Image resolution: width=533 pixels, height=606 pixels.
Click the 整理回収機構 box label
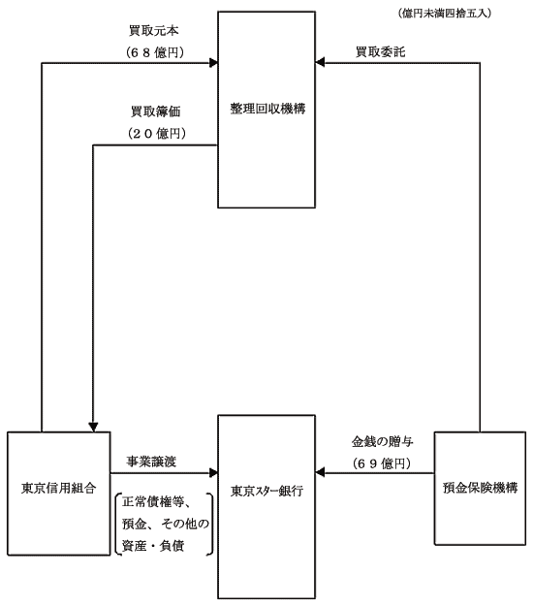coord(267,109)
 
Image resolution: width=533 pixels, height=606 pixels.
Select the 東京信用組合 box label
coord(59,489)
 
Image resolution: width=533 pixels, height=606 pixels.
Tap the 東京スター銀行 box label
coord(266,492)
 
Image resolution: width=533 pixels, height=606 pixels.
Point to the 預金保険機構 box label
coord(480,488)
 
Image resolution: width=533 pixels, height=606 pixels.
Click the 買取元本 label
coord(154,30)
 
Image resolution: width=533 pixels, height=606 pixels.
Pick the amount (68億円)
coord(155,52)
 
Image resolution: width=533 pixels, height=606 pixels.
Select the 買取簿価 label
coord(156,112)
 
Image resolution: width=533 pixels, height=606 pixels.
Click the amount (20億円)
coord(157,134)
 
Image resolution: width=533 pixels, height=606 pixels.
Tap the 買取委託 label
coord(381,51)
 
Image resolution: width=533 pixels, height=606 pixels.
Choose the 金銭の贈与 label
coord(382,442)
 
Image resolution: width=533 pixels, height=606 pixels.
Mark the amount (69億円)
coord(382,463)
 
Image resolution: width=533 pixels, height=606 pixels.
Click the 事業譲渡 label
coord(151,462)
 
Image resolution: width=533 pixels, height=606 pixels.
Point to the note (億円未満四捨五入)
coord(445,14)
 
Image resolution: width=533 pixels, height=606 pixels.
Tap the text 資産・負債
coord(153,545)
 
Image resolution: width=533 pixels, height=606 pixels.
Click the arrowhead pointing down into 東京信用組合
coord(93,427)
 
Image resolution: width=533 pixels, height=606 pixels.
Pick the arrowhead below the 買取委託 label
coord(320,62)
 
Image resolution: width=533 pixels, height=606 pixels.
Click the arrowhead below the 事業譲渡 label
coord(213,472)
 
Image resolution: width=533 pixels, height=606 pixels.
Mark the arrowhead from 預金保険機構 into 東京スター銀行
coord(320,472)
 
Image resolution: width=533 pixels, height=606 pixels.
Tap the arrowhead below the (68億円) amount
coord(213,63)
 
